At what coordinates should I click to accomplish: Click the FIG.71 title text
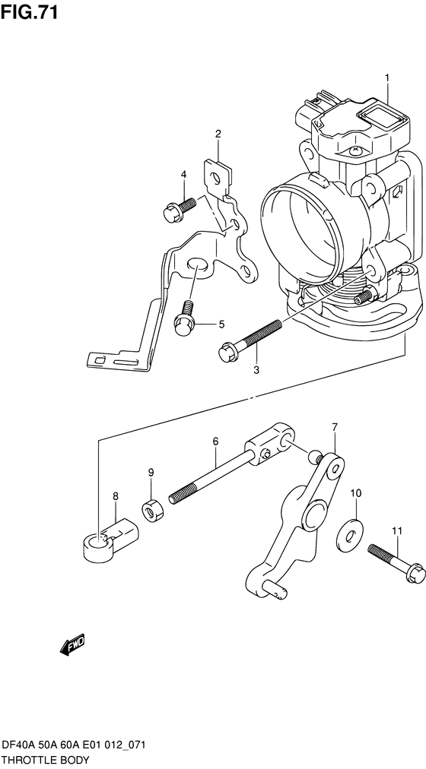click(x=30, y=11)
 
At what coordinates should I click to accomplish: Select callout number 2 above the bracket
click(x=218, y=133)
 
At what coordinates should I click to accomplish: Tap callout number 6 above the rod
click(x=215, y=441)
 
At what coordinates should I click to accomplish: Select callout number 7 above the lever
click(x=334, y=427)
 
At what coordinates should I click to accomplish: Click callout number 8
click(x=116, y=497)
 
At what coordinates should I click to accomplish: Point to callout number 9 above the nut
click(x=151, y=473)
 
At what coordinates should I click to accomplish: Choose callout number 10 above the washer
click(x=356, y=493)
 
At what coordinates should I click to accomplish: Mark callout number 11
click(x=397, y=530)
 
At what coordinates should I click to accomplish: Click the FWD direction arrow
click(x=72, y=644)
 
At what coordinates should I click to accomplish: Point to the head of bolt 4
click(x=171, y=213)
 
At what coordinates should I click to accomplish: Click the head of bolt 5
click(x=185, y=324)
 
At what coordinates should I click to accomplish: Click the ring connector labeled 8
click(x=109, y=540)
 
